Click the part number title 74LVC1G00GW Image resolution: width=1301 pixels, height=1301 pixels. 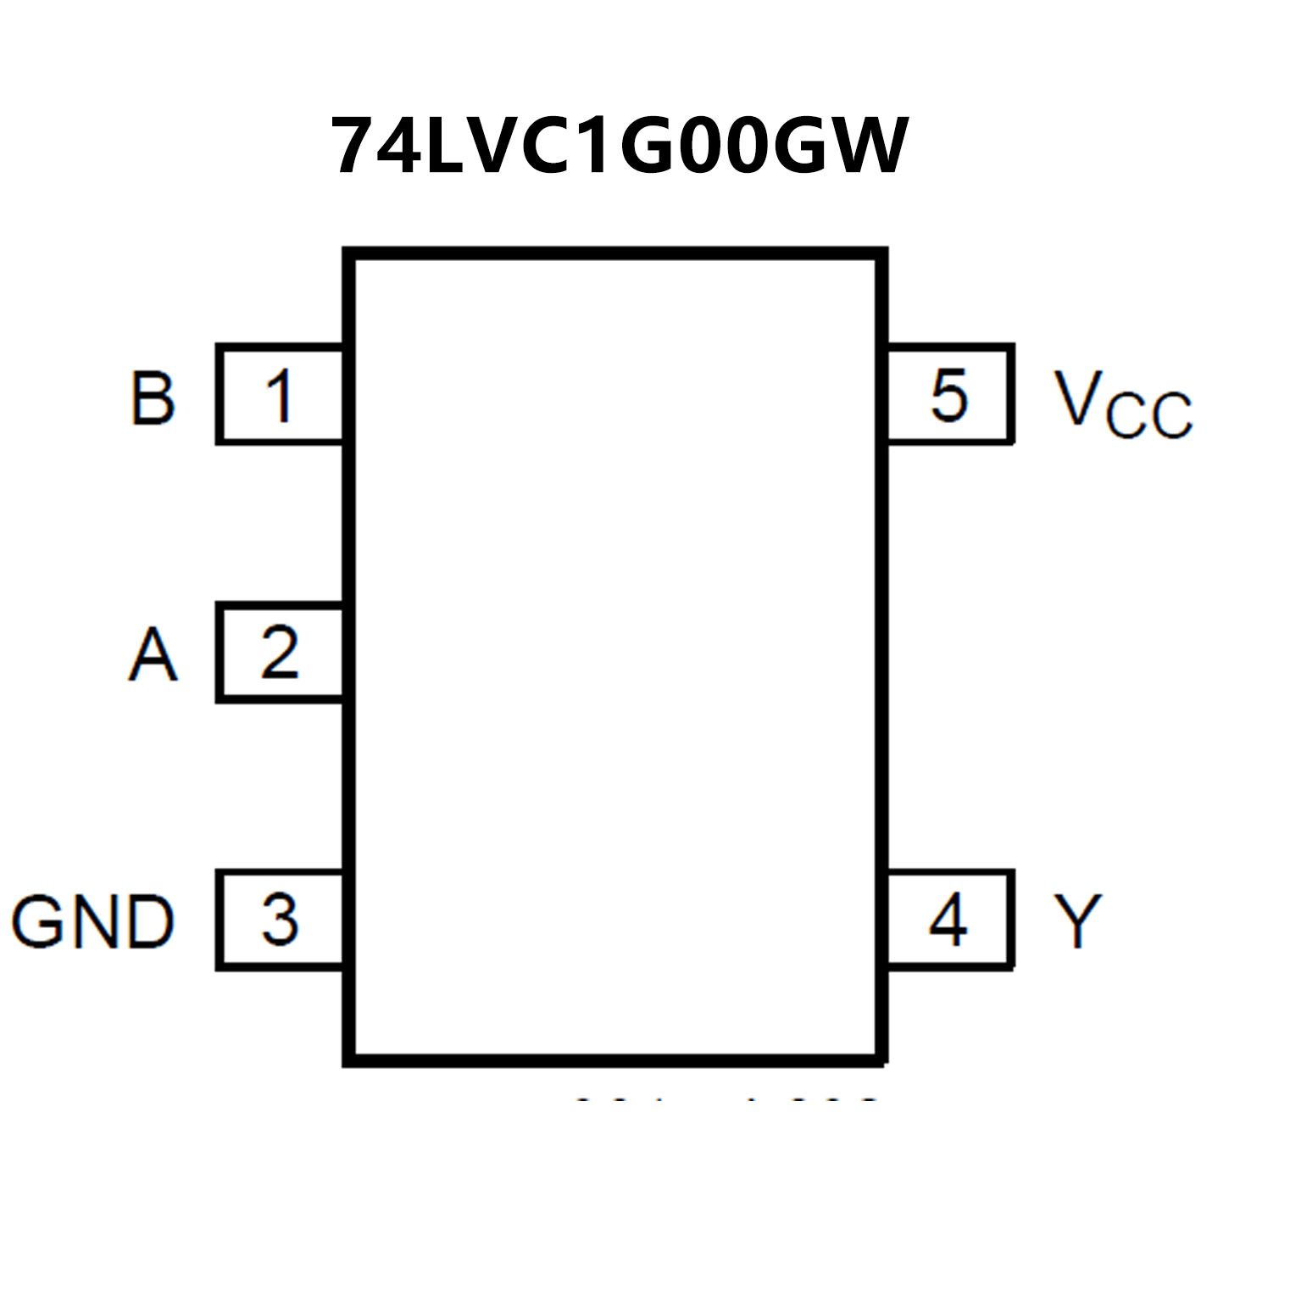[x=620, y=147]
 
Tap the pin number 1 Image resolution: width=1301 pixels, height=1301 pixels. [x=280, y=395]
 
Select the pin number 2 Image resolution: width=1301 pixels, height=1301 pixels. [x=280, y=653]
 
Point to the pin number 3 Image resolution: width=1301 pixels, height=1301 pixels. [x=280, y=920]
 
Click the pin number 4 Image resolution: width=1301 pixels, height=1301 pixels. [x=948, y=920]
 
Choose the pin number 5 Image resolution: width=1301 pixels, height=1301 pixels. [x=949, y=395]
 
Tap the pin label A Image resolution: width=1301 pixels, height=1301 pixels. [x=153, y=654]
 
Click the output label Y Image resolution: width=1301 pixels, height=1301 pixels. [x=1077, y=921]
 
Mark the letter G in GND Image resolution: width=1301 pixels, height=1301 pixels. [x=37, y=921]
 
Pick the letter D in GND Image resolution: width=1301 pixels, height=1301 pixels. [x=149, y=921]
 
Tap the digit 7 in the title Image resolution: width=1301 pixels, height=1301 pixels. [x=354, y=147]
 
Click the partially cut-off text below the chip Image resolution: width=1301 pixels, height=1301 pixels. [x=727, y=1100]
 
